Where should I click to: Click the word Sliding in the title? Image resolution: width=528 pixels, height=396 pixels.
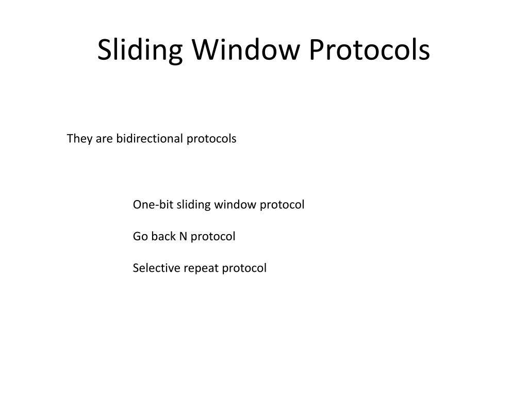(139, 51)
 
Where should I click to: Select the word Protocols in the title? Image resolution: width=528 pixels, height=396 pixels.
(369, 51)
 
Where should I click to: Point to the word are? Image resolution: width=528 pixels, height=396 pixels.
(105, 139)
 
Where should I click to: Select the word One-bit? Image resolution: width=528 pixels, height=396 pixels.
(153, 205)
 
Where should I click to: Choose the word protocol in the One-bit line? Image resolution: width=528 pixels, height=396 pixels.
(282, 205)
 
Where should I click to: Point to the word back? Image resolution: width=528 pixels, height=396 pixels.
(163, 236)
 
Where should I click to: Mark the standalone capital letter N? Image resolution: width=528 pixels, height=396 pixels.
(183, 236)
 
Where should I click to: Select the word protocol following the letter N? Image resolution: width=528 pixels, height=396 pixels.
(213, 237)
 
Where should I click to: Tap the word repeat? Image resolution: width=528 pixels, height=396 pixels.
(202, 269)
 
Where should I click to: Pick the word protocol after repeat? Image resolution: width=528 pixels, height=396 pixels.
(244, 268)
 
